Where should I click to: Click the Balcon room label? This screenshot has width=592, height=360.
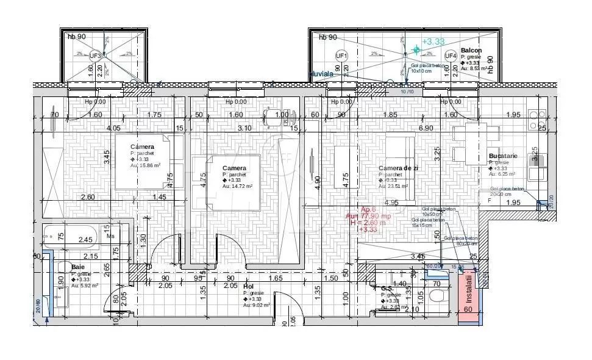(x=471, y=51)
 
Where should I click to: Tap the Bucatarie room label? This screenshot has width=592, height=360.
(x=502, y=156)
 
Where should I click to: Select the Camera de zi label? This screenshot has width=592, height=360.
(x=398, y=168)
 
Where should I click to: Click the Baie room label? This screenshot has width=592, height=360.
(x=78, y=267)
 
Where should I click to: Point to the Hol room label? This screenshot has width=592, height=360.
(x=248, y=286)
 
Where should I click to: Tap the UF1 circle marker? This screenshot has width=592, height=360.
(x=342, y=56)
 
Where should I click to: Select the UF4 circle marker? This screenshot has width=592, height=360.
(x=451, y=56)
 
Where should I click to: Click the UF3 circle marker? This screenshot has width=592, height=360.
(x=96, y=56)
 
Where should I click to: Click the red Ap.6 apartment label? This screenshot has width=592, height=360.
(x=369, y=209)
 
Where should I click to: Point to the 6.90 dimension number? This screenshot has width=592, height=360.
(x=425, y=128)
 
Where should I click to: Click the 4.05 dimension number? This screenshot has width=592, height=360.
(x=113, y=128)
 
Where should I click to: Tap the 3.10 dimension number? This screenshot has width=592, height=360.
(x=244, y=128)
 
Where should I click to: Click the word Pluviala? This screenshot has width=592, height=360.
(x=323, y=73)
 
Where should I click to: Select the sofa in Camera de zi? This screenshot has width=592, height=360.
(x=400, y=168)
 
